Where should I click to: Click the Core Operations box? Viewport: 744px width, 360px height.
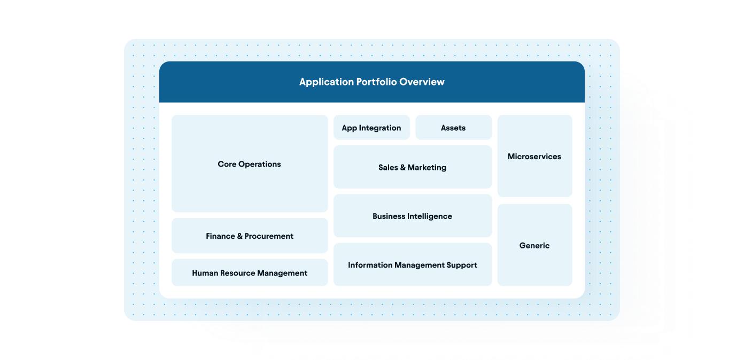coord(250,164)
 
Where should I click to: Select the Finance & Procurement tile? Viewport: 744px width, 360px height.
coord(250,236)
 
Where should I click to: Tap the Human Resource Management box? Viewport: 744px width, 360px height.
coord(250,273)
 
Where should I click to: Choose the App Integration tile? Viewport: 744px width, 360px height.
coord(371,128)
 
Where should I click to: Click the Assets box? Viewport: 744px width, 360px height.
coord(453,128)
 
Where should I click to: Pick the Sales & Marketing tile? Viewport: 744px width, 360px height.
coord(412,167)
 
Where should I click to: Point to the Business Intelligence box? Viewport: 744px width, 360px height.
coord(412,216)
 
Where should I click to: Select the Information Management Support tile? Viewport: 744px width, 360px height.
coord(412,265)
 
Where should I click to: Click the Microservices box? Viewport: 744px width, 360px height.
coord(534,156)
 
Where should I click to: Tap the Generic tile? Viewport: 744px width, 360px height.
coord(534,246)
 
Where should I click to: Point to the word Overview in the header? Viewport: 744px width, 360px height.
coord(422,82)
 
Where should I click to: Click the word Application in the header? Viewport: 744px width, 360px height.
coord(327,82)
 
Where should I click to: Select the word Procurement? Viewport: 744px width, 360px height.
coord(269,236)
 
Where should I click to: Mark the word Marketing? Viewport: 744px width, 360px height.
coord(427,167)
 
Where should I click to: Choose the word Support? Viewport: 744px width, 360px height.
coord(461,265)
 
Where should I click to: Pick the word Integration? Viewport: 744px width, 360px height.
coord(381,128)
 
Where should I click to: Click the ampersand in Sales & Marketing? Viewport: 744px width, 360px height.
coord(403,167)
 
